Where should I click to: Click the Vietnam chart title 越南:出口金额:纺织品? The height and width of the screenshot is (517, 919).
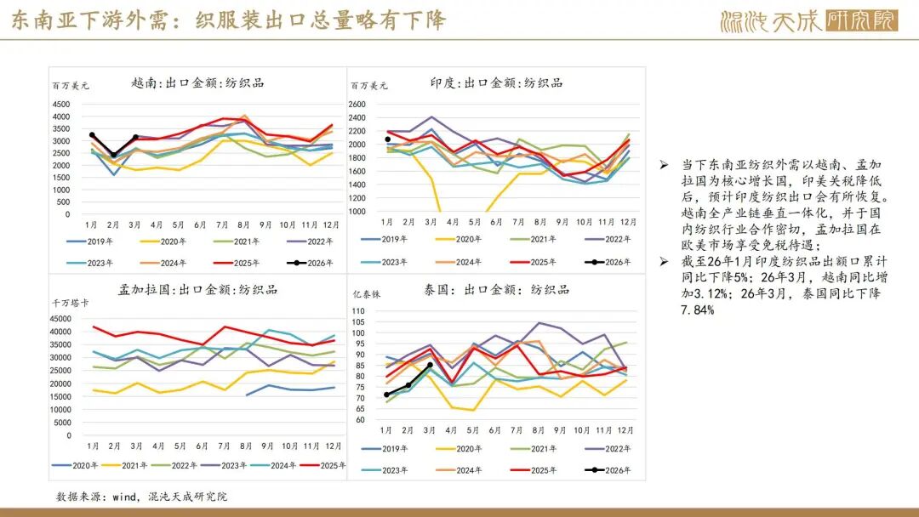pyautogui.click(x=197, y=82)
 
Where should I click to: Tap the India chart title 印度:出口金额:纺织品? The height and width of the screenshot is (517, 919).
pyautogui.click(x=496, y=82)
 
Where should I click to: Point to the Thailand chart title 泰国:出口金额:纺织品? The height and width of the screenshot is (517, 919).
pyautogui.click(x=496, y=289)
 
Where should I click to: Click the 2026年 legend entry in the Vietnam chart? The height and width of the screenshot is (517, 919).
pyautogui.click(x=312, y=263)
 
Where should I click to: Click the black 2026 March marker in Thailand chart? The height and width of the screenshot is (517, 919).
pyautogui.click(x=430, y=365)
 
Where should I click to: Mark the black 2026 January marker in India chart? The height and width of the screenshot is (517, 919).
pyautogui.click(x=387, y=139)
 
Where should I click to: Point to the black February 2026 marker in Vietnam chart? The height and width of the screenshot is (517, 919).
pyautogui.click(x=113, y=156)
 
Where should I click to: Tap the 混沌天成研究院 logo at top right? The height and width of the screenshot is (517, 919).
pyautogui.click(x=808, y=20)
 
